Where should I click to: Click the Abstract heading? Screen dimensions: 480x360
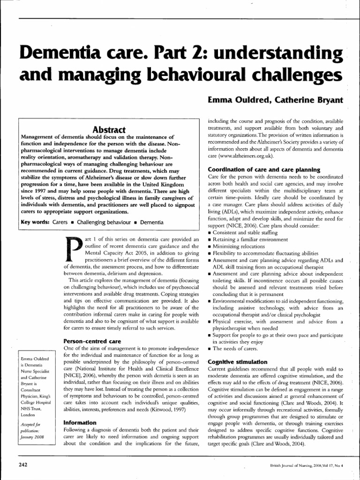[108, 129]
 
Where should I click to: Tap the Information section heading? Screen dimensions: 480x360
[80, 422]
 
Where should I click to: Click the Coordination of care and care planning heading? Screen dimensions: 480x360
[264, 169]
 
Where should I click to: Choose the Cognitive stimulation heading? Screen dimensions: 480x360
[237, 361]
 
